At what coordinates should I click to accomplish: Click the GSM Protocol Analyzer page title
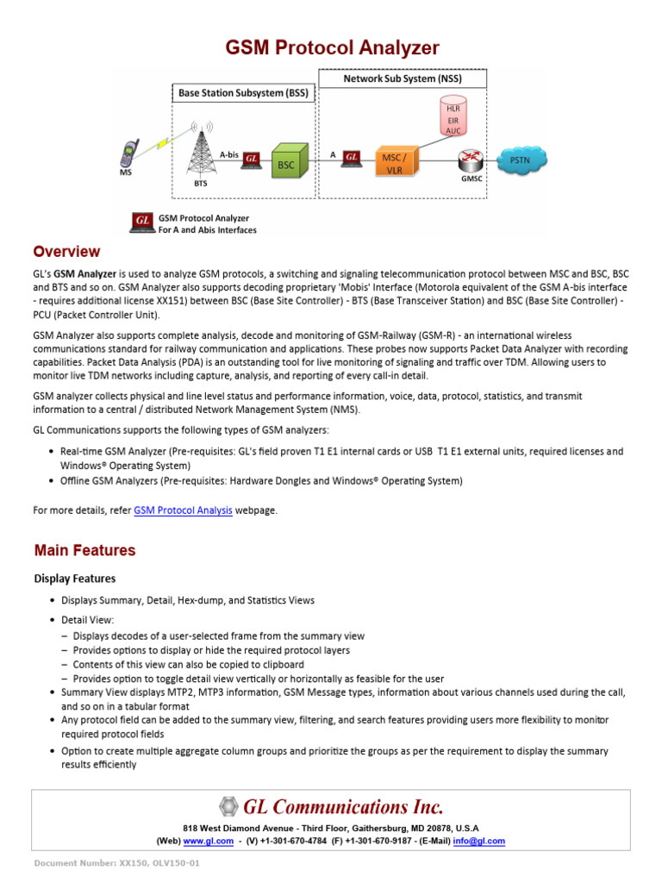pyautogui.click(x=332, y=47)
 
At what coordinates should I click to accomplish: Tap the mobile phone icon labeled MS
pyautogui.click(x=128, y=153)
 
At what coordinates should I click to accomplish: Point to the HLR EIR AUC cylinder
pyautogui.click(x=453, y=119)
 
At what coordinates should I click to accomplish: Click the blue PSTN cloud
pyautogui.click(x=521, y=160)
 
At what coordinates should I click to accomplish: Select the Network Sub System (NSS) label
pyautogui.click(x=403, y=79)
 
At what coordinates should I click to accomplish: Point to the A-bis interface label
pyautogui.click(x=228, y=154)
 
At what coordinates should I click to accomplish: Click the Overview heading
pyautogui.click(x=66, y=252)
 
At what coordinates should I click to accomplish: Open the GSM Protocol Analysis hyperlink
pyautogui.click(x=183, y=510)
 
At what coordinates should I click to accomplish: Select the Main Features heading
pyautogui.click(x=84, y=550)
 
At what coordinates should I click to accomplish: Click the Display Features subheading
pyautogui.click(x=75, y=579)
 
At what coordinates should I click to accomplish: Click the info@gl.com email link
pyautogui.click(x=484, y=841)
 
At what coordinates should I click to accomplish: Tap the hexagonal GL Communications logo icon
pyautogui.click(x=228, y=807)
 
